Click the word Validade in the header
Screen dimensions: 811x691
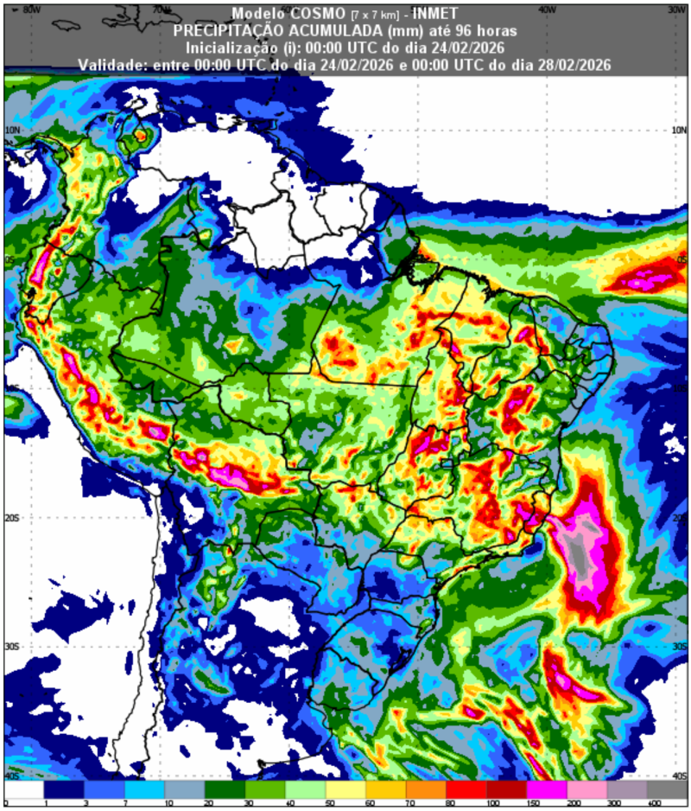(111, 65)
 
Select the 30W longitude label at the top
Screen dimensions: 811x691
(676, 9)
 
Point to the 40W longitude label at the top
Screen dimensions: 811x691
(546, 9)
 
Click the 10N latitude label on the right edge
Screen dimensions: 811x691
(679, 131)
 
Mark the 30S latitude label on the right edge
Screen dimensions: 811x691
(679, 647)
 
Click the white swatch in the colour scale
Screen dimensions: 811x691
(22, 790)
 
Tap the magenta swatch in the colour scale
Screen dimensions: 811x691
(546, 790)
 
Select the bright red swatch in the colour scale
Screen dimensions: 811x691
(466, 790)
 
